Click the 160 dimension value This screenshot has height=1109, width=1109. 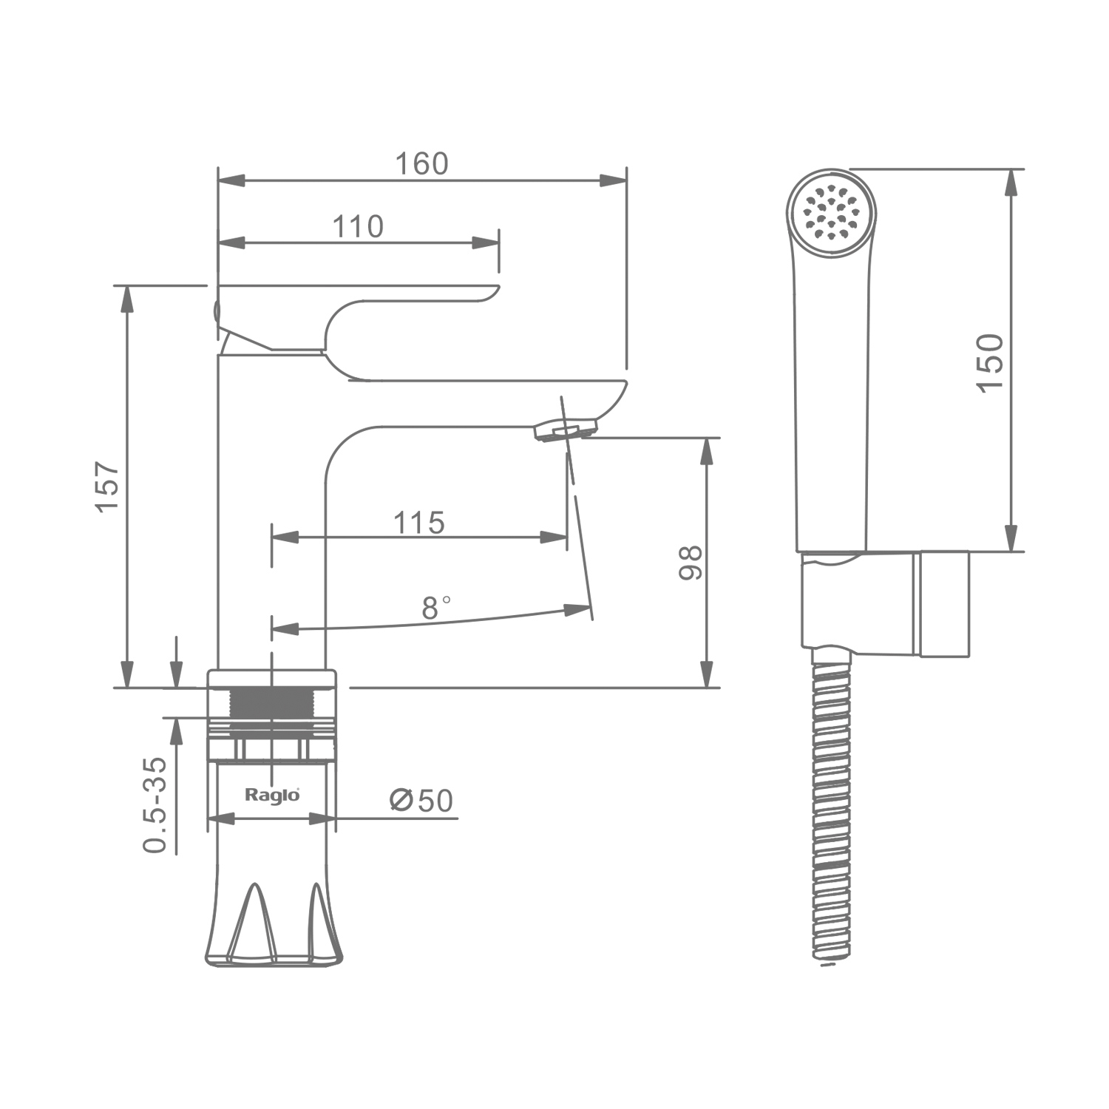(x=421, y=163)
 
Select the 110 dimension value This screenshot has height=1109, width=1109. (x=358, y=226)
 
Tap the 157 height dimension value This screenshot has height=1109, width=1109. (x=107, y=486)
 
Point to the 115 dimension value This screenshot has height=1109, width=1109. (x=418, y=523)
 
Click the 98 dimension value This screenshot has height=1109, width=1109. (x=691, y=563)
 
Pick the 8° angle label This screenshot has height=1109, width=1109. (x=436, y=607)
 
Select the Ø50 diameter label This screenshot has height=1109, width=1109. (x=421, y=800)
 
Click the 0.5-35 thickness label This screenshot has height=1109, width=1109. (x=155, y=805)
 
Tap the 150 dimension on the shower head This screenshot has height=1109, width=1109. (x=991, y=363)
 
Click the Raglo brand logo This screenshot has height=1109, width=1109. (x=272, y=796)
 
